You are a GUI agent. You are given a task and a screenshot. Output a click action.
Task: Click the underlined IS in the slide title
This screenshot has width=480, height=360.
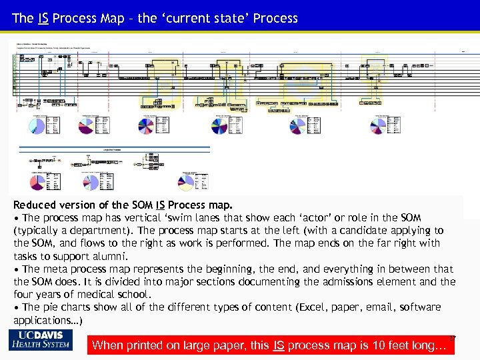click(41, 18)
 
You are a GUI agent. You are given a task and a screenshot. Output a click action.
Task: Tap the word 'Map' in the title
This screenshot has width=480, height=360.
click(111, 18)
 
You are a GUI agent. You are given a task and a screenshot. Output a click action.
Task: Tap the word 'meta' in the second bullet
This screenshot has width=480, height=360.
click(56, 269)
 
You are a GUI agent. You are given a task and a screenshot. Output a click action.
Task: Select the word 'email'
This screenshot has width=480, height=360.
click(375, 307)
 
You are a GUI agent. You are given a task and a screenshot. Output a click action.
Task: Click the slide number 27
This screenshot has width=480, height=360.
click(451, 338)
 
